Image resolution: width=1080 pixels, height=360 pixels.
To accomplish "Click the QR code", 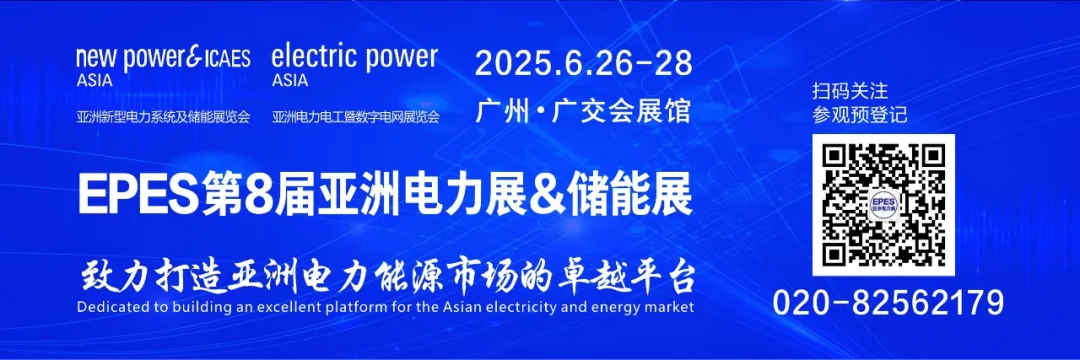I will (883, 205).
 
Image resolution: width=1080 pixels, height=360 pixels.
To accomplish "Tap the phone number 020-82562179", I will (888, 302).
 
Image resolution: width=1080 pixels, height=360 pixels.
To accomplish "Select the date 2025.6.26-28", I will (583, 63).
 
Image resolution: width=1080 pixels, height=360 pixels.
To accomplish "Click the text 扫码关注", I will (850, 91).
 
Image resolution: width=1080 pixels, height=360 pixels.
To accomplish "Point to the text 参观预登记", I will (860, 115).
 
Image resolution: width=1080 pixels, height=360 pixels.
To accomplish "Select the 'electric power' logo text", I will (354, 56).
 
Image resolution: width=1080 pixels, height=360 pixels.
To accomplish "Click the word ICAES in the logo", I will (225, 58).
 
